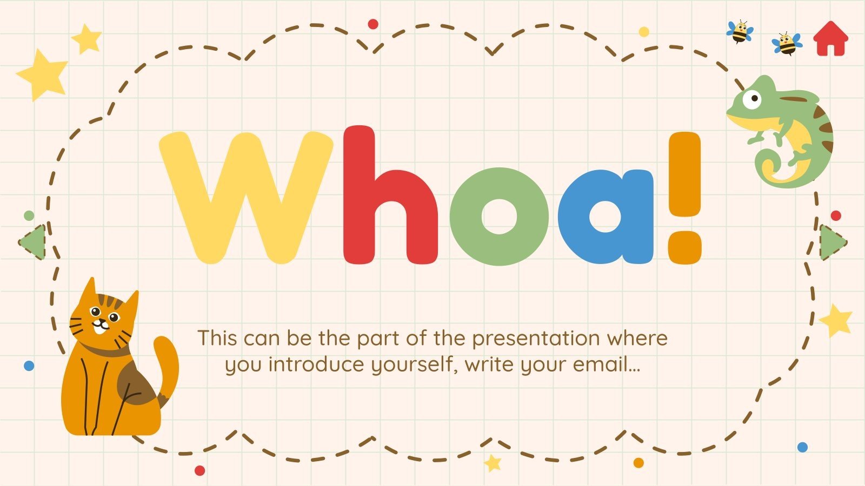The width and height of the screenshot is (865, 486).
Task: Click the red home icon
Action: click(x=831, y=38)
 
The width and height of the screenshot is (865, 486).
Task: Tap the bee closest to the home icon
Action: click(x=787, y=45)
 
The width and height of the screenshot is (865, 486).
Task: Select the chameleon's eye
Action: click(x=751, y=99)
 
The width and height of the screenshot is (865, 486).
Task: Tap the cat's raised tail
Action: click(x=168, y=367)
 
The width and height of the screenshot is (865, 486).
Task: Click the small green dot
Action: click(x=29, y=215)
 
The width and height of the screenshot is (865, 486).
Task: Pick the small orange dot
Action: click(x=638, y=463)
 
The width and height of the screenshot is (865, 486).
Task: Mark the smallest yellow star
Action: click(x=493, y=463)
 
